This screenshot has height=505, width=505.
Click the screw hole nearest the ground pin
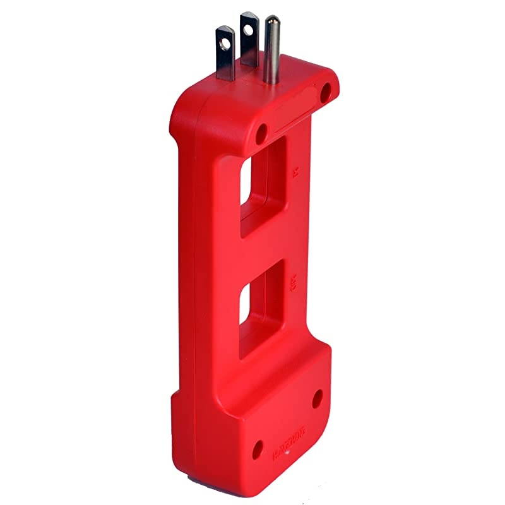(326, 93)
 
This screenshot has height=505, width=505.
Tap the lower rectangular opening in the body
(261, 309)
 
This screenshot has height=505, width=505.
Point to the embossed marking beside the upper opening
(297, 172)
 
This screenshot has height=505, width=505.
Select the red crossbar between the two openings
(265, 249)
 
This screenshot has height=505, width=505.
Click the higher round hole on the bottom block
(318, 398)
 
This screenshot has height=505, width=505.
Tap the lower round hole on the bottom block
(258, 449)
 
